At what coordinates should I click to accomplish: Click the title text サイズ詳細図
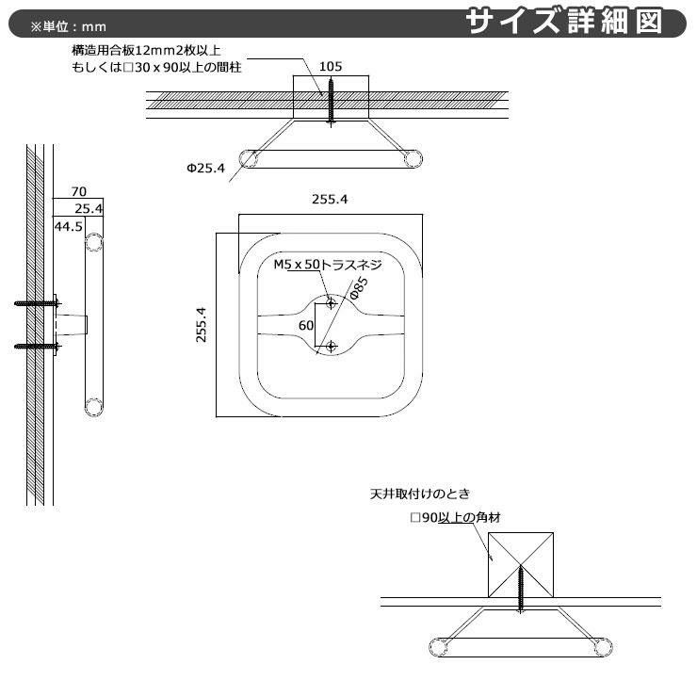click(575, 21)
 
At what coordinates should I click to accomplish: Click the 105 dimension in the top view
click(330, 67)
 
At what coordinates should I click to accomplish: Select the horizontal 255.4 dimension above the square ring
click(330, 200)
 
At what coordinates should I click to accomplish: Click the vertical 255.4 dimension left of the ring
click(201, 324)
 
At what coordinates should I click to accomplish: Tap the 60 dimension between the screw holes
click(305, 325)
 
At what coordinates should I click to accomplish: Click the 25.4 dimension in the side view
click(89, 207)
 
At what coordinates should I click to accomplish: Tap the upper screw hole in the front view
click(331, 302)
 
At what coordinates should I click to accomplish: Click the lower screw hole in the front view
click(331, 347)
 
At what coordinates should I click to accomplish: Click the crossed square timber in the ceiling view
click(521, 563)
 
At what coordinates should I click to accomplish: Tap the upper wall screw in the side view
click(36, 303)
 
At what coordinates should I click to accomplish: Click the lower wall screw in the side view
click(36, 346)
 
